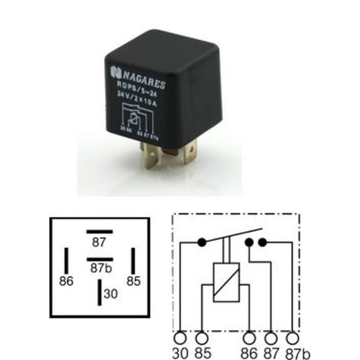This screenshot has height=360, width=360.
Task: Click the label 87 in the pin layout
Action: tap(99, 242)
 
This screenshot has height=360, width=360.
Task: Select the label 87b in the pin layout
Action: tap(99, 268)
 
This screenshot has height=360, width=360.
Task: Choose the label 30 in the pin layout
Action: tap(110, 294)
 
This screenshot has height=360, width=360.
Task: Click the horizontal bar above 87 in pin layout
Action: tap(99, 232)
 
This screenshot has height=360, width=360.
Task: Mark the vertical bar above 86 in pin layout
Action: tap(66, 261)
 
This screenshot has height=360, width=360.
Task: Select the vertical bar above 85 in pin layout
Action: tap(133, 261)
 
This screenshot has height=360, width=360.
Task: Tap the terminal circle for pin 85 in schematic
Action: tap(203, 338)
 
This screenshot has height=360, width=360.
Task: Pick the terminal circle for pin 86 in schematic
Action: tap(250, 338)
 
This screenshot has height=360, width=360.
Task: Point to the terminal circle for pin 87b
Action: tap(293, 338)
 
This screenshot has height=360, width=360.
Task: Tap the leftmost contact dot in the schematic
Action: tap(202, 241)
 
